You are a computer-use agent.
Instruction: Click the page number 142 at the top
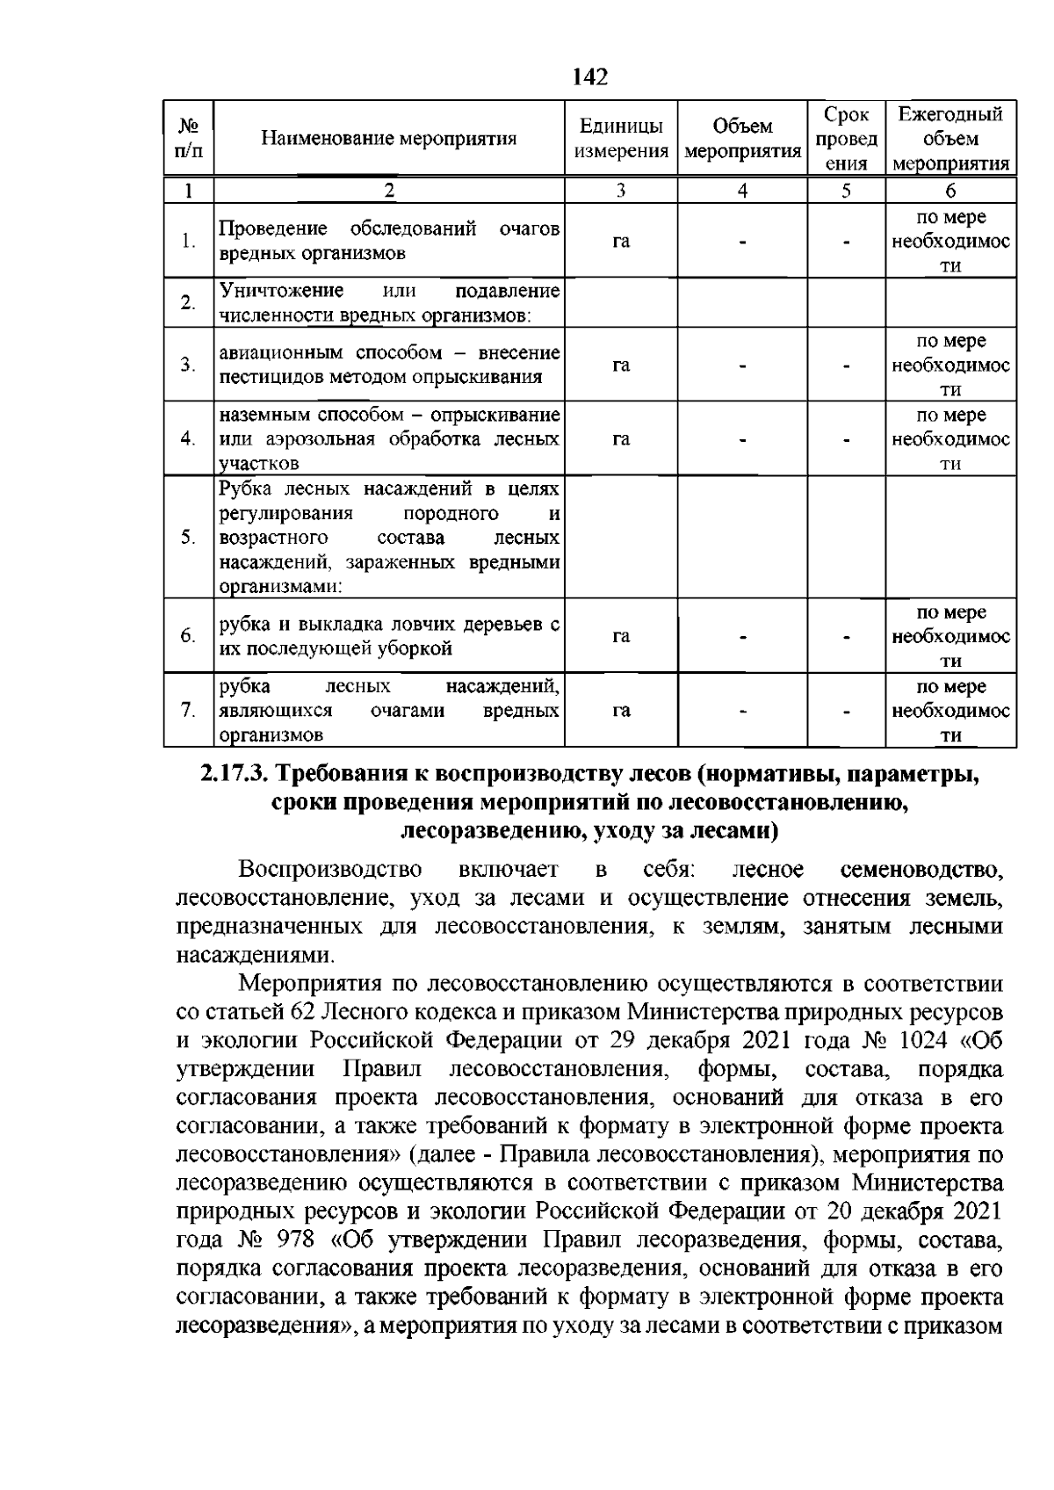tap(589, 77)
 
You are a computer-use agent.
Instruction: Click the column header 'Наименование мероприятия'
tap(388, 139)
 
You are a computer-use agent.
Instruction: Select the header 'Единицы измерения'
tap(621, 139)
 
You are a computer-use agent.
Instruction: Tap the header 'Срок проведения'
tap(847, 139)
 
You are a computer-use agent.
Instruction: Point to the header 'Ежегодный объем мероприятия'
tap(950, 139)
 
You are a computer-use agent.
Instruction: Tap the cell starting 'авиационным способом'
tap(388, 365)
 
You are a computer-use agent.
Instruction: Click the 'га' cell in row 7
tap(621, 711)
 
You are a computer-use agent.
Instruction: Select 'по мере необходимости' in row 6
tap(950, 636)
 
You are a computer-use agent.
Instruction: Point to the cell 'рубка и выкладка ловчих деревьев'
tap(388, 636)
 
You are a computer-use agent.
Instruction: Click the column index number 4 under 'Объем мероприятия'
tap(742, 191)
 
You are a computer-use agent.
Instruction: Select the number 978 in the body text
tap(296, 1240)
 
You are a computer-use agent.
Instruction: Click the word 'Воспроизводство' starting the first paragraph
tap(329, 870)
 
